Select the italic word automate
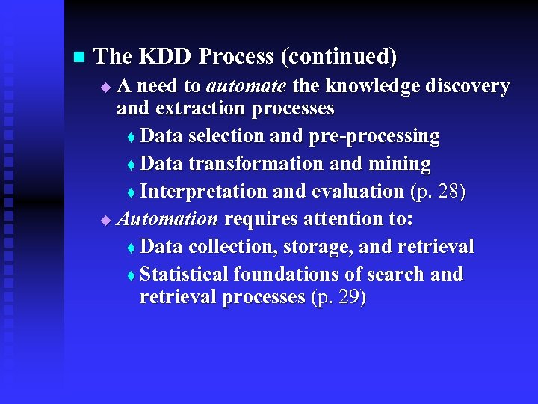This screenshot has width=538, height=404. click(x=246, y=86)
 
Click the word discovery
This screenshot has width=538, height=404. click(x=467, y=86)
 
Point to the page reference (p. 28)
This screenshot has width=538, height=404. click(x=438, y=192)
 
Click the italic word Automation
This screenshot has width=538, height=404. click(x=167, y=219)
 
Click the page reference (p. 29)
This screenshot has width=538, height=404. click(x=338, y=298)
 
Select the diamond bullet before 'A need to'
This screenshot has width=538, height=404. click(x=105, y=88)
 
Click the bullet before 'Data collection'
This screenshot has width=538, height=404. click(x=132, y=248)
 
